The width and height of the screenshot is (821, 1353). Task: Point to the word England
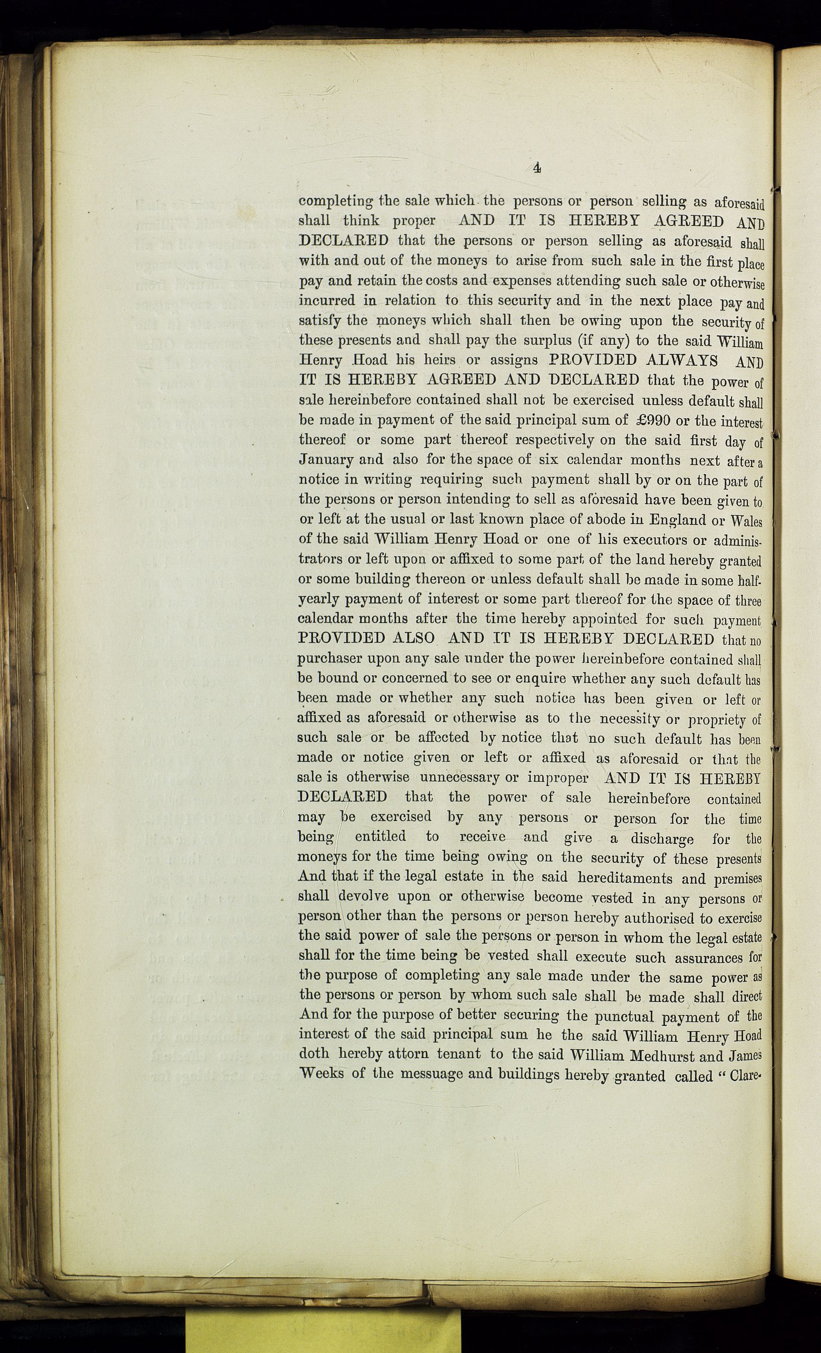[x=676, y=519]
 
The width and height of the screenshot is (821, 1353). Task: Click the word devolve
[x=363, y=896]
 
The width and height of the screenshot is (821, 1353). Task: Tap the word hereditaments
[x=618, y=877]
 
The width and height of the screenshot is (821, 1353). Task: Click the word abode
[x=537, y=519]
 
